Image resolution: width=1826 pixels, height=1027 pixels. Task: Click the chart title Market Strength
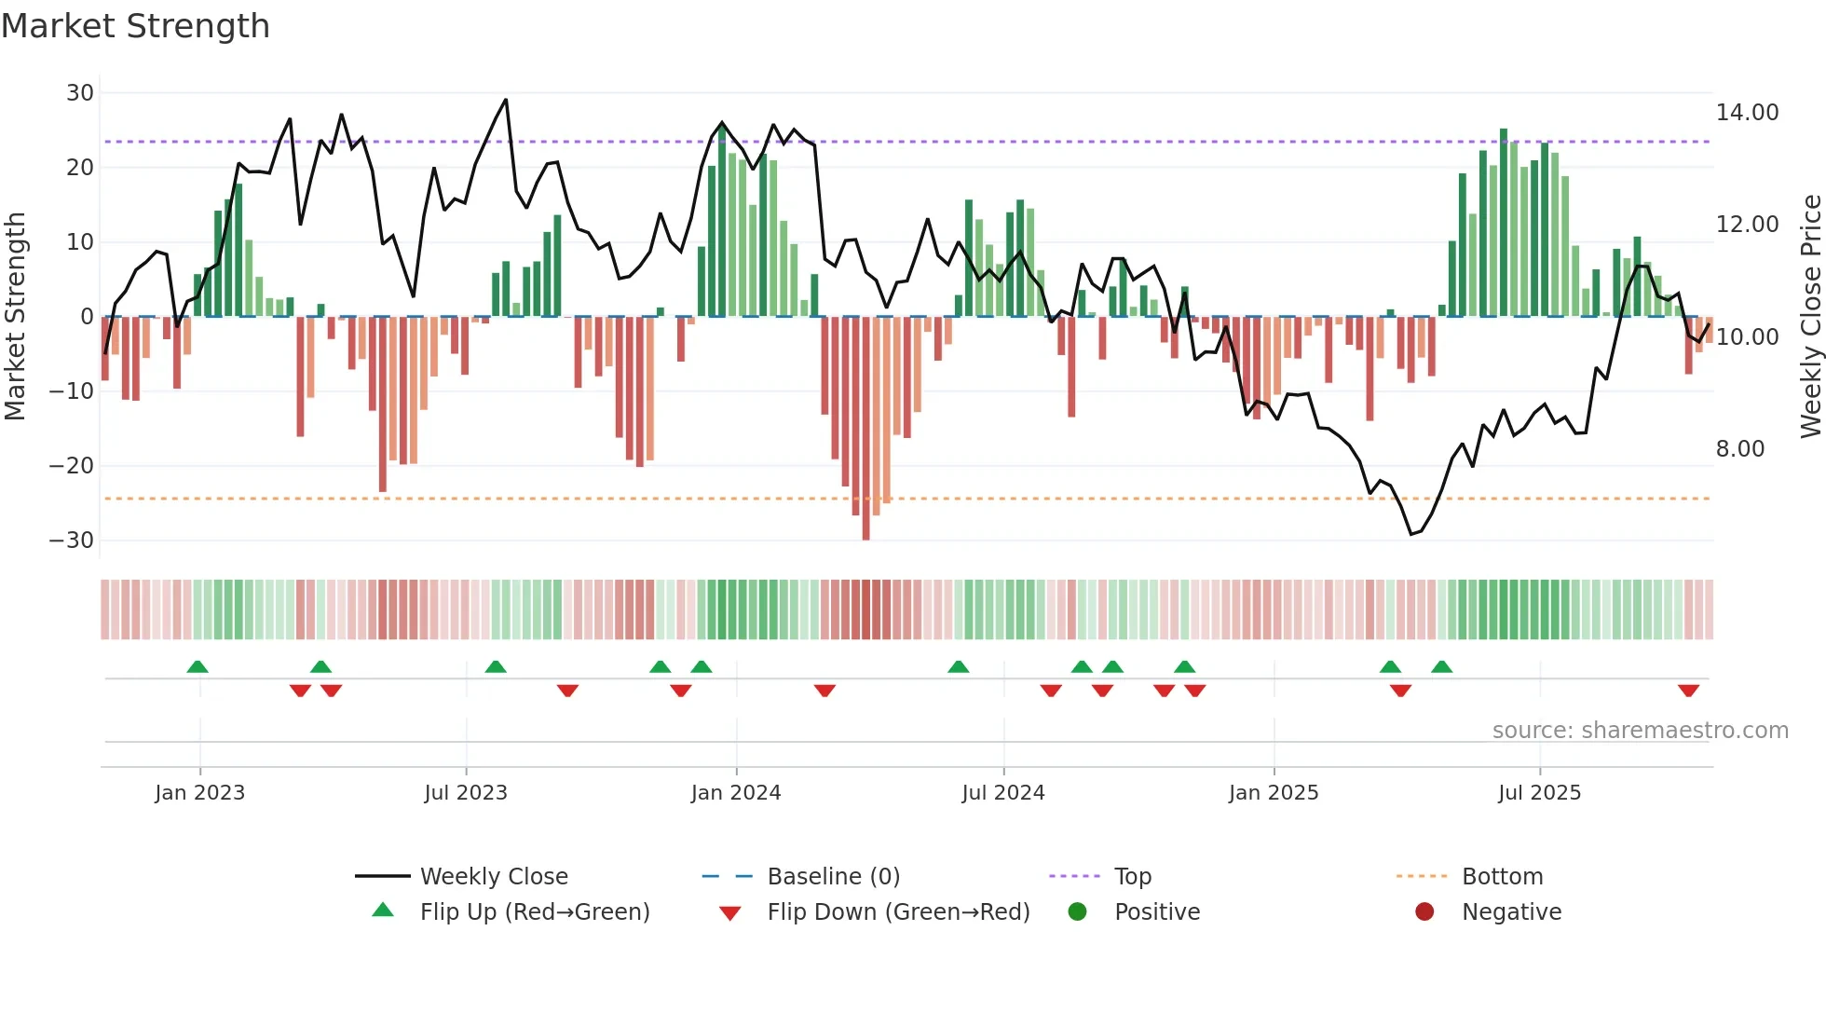click(x=135, y=26)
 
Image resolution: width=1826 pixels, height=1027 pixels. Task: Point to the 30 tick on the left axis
click(x=80, y=93)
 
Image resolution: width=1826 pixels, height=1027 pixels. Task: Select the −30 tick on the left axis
click(x=72, y=541)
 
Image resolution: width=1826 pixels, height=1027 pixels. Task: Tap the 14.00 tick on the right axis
click(x=1747, y=113)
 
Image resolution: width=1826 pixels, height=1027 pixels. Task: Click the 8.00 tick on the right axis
click(x=1739, y=449)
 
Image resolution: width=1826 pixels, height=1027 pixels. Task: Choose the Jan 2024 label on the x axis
click(x=735, y=793)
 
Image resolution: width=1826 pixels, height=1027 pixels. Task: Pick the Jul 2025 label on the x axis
click(x=1539, y=793)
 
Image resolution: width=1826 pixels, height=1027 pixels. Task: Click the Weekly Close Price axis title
click(x=1810, y=316)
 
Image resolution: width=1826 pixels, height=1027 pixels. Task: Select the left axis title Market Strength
click(x=15, y=316)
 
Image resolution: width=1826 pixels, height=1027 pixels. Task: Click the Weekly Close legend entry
click(x=493, y=877)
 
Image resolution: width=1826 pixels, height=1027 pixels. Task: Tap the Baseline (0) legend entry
click(x=833, y=877)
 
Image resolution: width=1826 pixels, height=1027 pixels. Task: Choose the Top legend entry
click(x=1132, y=877)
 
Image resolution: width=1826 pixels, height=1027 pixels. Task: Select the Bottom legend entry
click(x=1502, y=877)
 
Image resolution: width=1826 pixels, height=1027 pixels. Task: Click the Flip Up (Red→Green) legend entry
click(x=534, y=912)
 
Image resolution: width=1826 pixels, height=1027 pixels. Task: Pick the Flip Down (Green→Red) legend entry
click(x=898, y=912)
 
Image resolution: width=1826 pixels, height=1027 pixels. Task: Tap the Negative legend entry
click(x=1510, y=912)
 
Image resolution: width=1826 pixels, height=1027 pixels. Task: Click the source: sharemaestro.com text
click(x=1640, y=731)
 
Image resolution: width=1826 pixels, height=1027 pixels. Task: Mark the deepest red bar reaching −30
click(x=865, y=429)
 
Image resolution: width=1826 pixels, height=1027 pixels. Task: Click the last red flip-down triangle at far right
click(x=1688, y=691)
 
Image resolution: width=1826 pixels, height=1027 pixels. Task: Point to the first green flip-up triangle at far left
click(x=198, y=666)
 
